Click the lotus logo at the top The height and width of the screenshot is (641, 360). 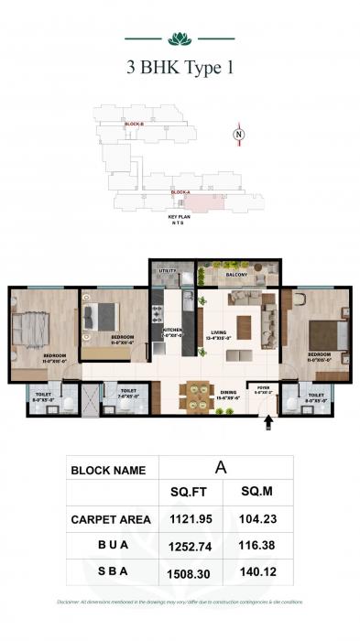pos(179,38)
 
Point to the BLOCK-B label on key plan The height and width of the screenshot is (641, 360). pos(135,124)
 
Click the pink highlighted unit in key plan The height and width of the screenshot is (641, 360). pos(197,200)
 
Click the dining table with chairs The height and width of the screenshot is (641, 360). pos(194,394)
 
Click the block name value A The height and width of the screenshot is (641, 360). pos(220,466)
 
